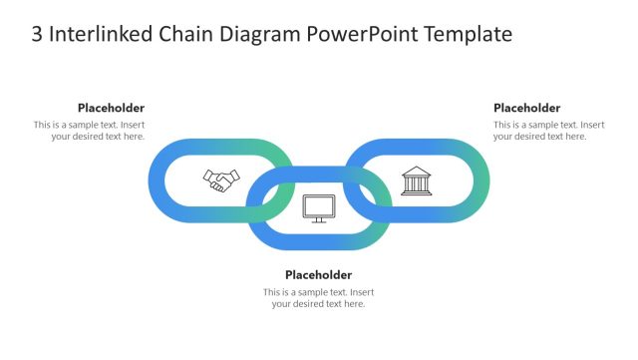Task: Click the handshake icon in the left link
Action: point(221,180)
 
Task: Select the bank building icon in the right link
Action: point(416,180)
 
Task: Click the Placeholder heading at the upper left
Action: point(111,108)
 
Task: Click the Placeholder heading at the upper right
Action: point(526,108)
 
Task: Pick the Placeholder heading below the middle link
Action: point(318,274)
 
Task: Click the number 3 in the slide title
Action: point(38,35)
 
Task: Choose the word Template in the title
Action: point(469,35)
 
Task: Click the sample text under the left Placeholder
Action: point(90,131)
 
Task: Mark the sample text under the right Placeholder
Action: point(548,131)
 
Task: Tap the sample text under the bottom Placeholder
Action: point(319,298)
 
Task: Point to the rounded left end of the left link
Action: point(156,180)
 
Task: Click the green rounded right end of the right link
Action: point(482,180)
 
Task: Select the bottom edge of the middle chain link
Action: point(319,242)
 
